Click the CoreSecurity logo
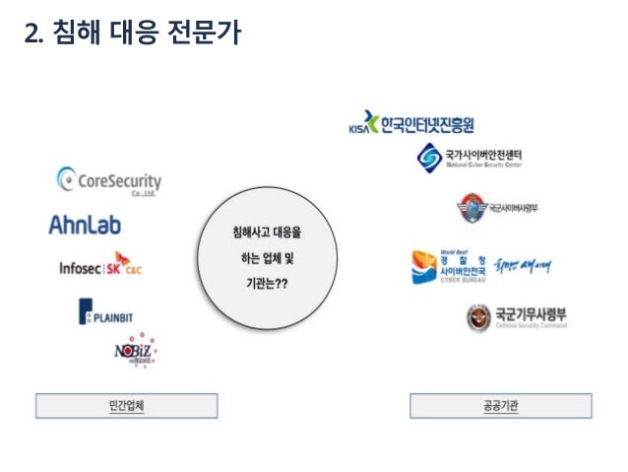pos(109,181)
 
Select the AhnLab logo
pos(85,226)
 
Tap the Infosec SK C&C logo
pos(101,266)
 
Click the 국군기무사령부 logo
pos(516,317)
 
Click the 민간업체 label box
pos(126,405)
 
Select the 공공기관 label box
pos(500,405)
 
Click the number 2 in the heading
pos(31,34)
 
